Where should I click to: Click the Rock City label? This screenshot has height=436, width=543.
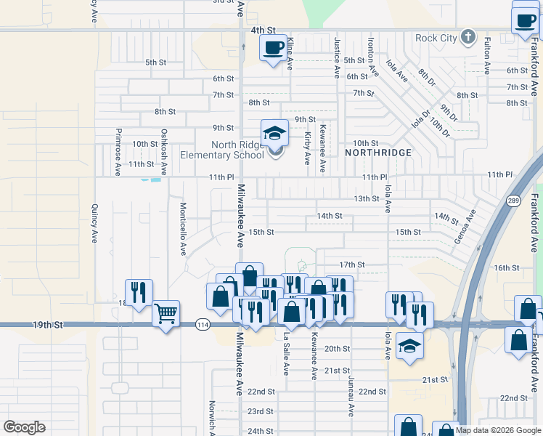click(437, 38)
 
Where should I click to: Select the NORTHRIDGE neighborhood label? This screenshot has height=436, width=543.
click(378, 153)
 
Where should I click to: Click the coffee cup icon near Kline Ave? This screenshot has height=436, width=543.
click(273, 49)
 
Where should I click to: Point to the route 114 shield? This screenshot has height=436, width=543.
click(203, 325)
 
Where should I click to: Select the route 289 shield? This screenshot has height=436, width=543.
click(513, 200)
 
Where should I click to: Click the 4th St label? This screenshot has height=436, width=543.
click(264, 31)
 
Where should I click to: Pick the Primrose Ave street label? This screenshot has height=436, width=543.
click(118, 152)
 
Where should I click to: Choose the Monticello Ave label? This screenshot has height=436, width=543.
click(183, 229)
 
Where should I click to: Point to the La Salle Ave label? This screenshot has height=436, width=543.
click(287, 354)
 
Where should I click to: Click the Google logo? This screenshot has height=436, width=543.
click(25, 427)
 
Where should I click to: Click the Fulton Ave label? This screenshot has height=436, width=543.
click(487, 57)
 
